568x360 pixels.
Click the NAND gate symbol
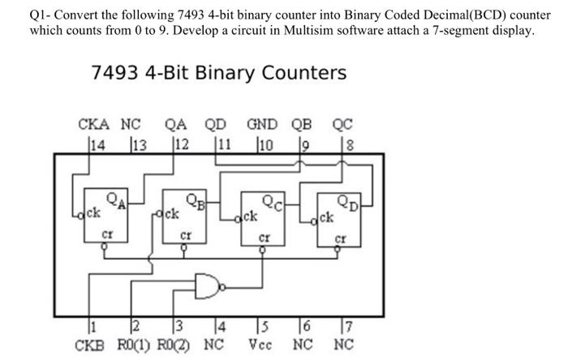tap(209, 285)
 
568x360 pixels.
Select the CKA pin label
tap(94, 125)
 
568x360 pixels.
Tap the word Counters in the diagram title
tap(303, 72)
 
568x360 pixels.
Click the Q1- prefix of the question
tap(41, 15)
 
